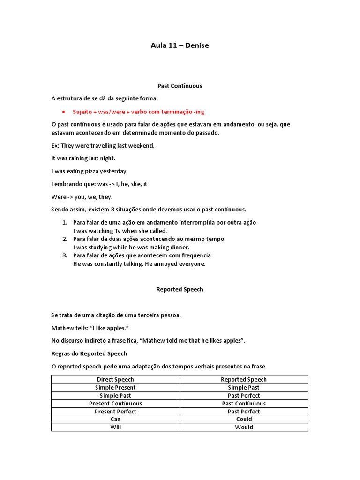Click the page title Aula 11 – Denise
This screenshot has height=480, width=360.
pyautogui.click(x=180, y=45)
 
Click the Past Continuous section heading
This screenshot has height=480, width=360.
pyautogui.click(x=180, y=86)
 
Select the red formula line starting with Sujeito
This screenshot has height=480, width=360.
pyautogui.click(x=138, y=112)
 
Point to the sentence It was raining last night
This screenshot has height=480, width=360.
pyautogui.click(x=83, y=158)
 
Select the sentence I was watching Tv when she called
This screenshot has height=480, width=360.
pyautogui.click(x=120, y=231)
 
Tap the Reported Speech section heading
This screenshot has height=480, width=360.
pyautogui.click(x=180, y=290)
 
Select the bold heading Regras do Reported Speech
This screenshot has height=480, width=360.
pyautogui.click(x=89, y=353)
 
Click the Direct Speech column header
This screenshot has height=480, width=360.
pyautogui.click(x=115, y=379)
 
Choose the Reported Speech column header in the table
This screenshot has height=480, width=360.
pyautogui.click(x=244, y=379)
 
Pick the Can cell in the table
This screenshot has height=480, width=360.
pyautogui.click(x=115, y=419)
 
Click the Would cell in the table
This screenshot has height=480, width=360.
pyautogui.click(x=244, y=427)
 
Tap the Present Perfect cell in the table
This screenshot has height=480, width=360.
pyautogui.click(x=115, y=411)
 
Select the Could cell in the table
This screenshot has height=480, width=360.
pyautogui.click(x=244, y=419)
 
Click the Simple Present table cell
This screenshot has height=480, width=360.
pyautogui.click(x=115, y=387)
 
